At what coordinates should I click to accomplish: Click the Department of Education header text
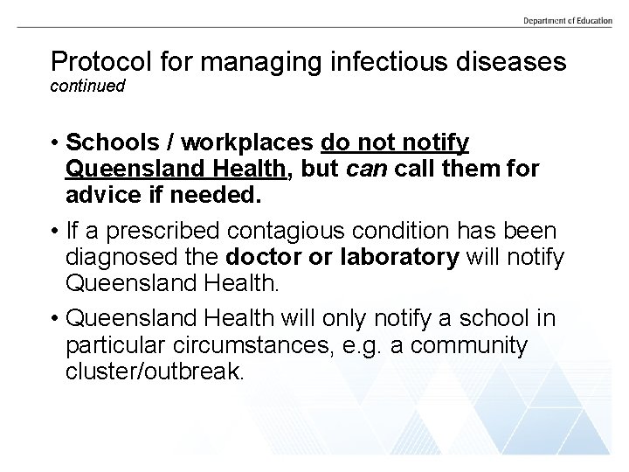tap(568, 20)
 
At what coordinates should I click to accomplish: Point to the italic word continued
tap(88, 87)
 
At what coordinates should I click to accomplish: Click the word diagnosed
tap(128, 259)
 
